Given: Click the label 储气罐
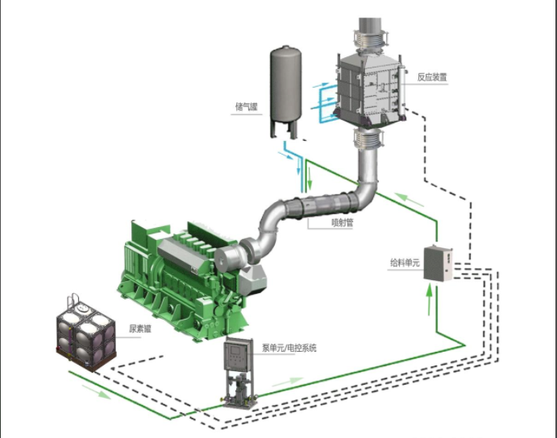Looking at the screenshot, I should pyautogui.click(x=247, y=106).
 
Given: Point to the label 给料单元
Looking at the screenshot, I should pyautogui.click(x=403, y=262).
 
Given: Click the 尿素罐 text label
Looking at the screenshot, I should pyautogui.click(x=140, y=328).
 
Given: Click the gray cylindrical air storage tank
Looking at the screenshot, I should pyautogui.click(x=287, y=89).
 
